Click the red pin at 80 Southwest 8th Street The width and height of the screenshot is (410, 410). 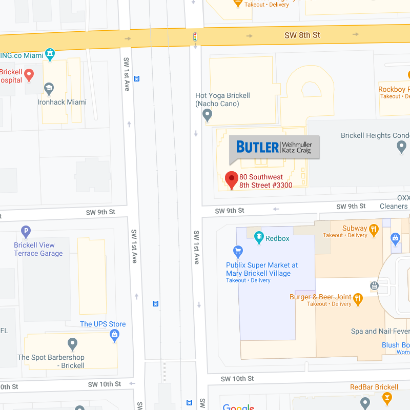232,179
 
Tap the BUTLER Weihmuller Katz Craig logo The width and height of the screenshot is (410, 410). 274,147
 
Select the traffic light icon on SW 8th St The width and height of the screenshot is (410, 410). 195,37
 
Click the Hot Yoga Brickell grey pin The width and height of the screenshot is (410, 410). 208,115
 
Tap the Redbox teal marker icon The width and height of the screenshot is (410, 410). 258,238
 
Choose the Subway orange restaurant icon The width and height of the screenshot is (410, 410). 374,229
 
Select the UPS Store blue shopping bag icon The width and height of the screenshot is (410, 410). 115,336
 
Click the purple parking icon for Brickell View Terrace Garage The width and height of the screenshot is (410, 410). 26,232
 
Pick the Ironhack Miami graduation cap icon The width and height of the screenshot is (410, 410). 49,89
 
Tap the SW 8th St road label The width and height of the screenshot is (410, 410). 302,35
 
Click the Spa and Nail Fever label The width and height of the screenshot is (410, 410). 379,332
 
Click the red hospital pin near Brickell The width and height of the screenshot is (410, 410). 29,75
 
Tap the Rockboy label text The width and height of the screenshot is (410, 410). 394,90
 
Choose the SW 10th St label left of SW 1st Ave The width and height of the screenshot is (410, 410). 104,384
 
